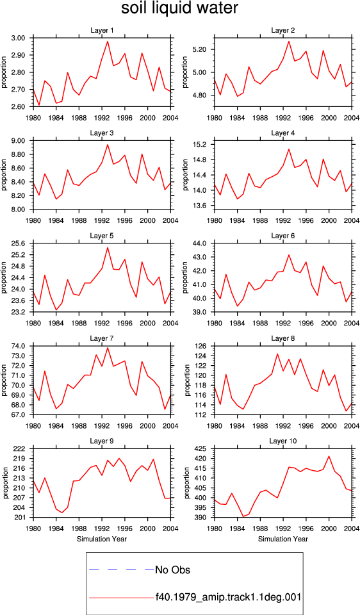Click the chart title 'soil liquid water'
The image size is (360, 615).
coord(179,8)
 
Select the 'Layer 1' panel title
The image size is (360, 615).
coord(102,30)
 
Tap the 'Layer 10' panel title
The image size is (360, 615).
coord(282,441)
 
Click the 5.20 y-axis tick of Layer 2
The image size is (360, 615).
coord(200,49)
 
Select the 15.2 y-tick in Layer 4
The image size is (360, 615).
coord(202,144)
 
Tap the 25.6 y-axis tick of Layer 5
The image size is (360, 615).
coord(20,243)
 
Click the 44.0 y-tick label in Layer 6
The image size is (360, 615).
coord(202,243)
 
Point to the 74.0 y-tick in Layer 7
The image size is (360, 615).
coord(20,346)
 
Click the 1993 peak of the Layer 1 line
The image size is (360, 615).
coord(108,41)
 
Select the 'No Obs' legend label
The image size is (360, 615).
coord(172,570)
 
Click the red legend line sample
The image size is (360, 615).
coord(122,598)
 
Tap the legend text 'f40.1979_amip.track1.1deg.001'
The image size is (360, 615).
coord(228,598)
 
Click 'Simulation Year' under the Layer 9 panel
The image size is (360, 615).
coord(102,539)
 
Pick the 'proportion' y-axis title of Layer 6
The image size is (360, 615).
coord(185,277)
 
